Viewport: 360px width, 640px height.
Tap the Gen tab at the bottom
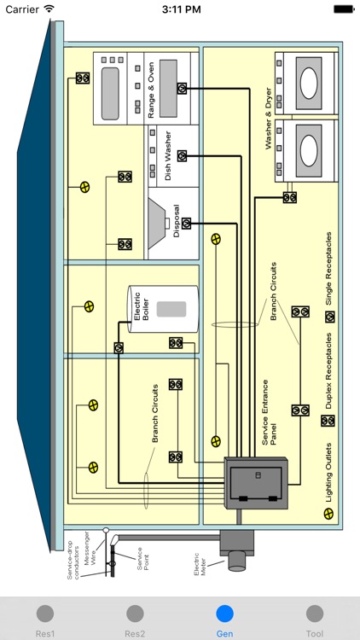tap(224, 619)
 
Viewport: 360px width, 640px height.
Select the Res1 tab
tap(45, 619)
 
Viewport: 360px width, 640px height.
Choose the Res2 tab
tap(135, 619)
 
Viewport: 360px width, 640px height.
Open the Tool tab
tap(314, 619)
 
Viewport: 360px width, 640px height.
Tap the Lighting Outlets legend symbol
tap(328, 514)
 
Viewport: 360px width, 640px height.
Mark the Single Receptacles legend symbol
tap(329, 317)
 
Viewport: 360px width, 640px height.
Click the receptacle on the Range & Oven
tap(182, 88)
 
